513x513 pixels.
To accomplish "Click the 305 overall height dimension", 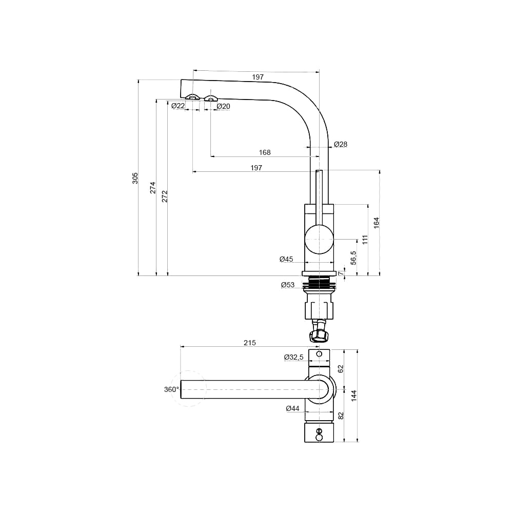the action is coord(135,178).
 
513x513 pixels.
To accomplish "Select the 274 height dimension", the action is coord(153,187).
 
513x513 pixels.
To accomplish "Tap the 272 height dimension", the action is coord(165,196).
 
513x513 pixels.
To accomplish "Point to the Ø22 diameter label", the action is coord(179,106).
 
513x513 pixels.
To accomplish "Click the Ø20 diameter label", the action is coord(224,106).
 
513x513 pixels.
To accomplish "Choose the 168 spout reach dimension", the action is coord(265,152).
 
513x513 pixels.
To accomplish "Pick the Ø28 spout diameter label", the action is coord(341,144).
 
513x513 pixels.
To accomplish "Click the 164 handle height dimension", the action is coord(377,223).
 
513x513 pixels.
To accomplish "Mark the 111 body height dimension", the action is coord(365,240).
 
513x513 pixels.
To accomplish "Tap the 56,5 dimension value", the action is coord(353,258).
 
